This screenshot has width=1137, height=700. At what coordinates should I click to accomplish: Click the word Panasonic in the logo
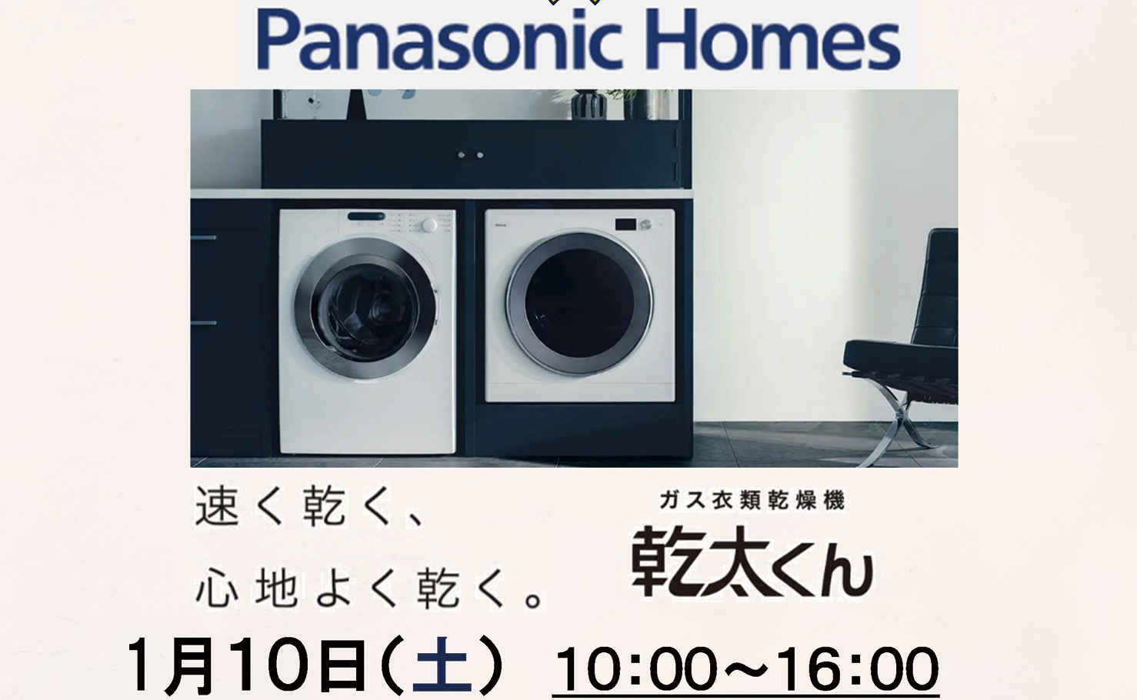pyautogui.click(x=439, y=39)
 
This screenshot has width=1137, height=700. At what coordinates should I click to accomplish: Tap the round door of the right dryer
pyautogui.click(x=580, y=304)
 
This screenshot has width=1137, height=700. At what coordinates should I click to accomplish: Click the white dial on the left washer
pyautogui.click(x=429, y=225)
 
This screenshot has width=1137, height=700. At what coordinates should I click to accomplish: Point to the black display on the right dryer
pyautogui.click(x=626, y=224)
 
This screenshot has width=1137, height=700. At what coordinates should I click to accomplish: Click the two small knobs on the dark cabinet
pyautogui.click(x=471, y=155)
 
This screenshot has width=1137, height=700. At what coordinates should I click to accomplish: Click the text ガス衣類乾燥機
pyautogui.click(x=752, y=501)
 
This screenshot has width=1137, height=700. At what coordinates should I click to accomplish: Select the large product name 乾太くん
pyautogui.click(x=752, y=562)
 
